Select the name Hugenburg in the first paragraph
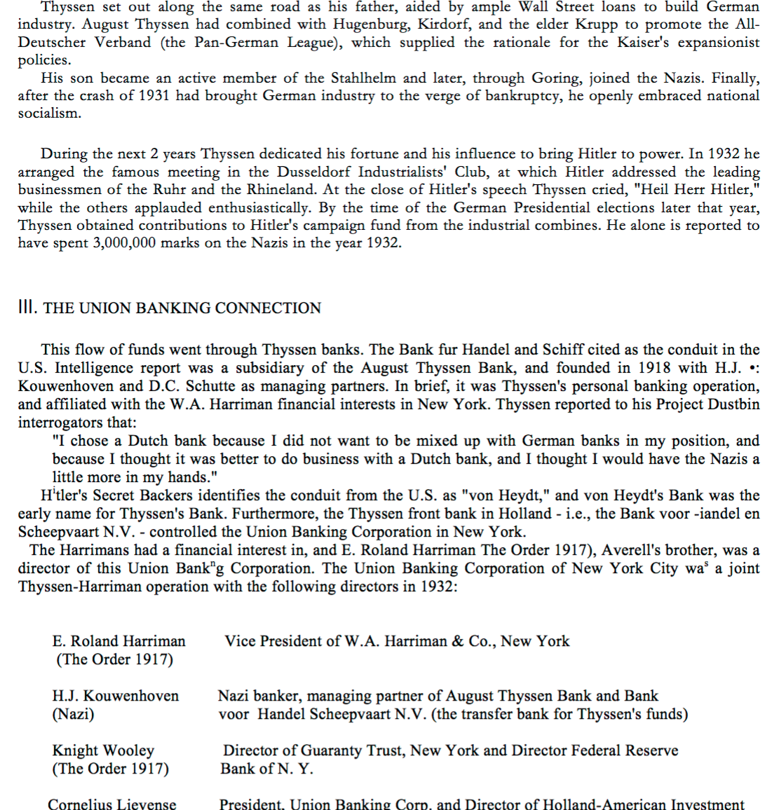pyautogui.click(x=367, y=24)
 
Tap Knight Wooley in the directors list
pyautogui.click(x=103, y=750)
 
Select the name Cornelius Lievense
pyautogui.click(x=112, y=804)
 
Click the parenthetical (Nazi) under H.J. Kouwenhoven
pyautogui.click(x=73, y=714)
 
